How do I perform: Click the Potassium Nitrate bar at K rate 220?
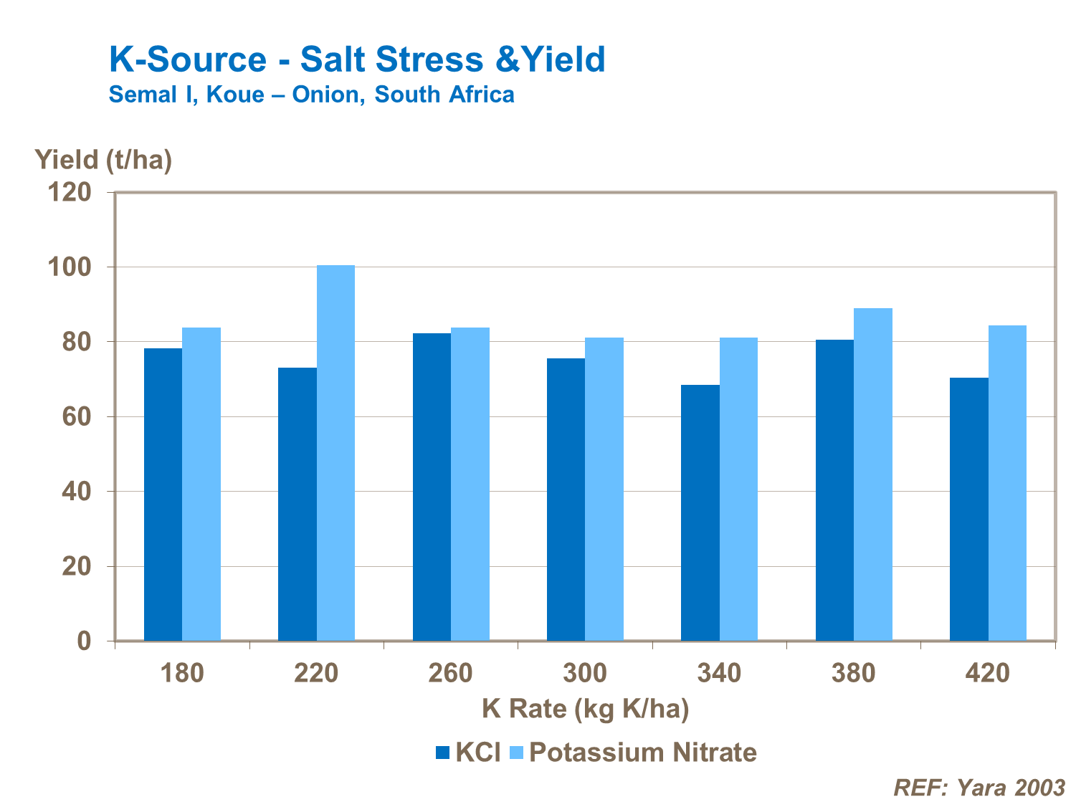pyautogui.click(x=335, y=453)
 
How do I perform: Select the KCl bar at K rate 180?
pyautogui.click(x=163, y=495)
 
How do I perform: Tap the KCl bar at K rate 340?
pyautogui.click(x=700, y=512)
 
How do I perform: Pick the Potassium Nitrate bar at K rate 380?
pyautogui.click(x=872, y=474)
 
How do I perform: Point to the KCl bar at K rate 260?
pyautogui.click(x=432, y=487)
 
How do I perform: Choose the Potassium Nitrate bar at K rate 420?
pyautogui.click(x=1007, y=483)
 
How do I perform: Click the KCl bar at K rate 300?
pyautogui.click(x=566, y=500)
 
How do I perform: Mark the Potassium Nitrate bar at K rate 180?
pyautogui.click(x=201, y=484)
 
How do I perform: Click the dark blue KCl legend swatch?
pyautogui.click(x=442, y=753)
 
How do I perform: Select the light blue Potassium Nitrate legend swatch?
pyautogui.click(x=516, y=753)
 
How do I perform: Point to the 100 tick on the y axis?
pyautogui.click(x=70, y=267)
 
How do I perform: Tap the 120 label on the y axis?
pyautogui.click(x=70, y=192)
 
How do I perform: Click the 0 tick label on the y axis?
pyautogui.click(x=84, y=641)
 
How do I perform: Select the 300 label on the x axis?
pyautogui.click(x=584, y=674)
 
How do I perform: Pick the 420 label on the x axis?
pyautogui.click(x=987, y=674)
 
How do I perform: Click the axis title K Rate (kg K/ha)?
pyautogui.click(x=585, y=709)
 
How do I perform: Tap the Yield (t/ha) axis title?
pyautogui.click(x=103, y=159)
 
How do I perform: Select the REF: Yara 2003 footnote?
pyautogui.click(x=979, y=788)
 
